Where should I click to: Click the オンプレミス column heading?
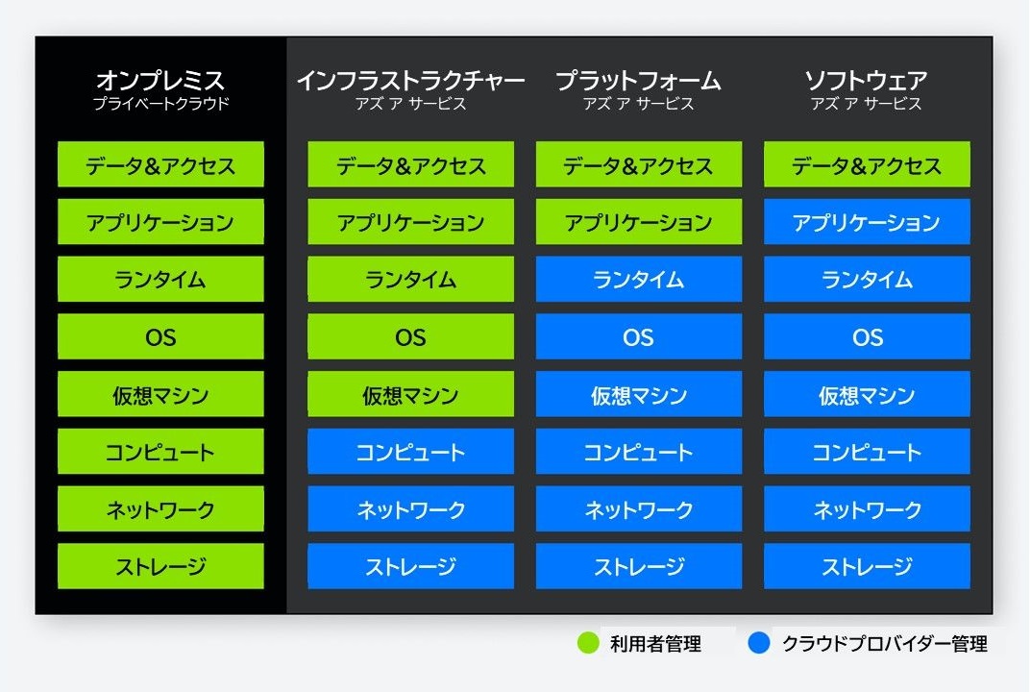click(160, 81)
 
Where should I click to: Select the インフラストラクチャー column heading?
click(411, 81)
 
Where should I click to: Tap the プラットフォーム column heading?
click(638, 81)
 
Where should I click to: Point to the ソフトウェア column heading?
click(867, 81)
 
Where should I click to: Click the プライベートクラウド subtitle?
click(161, 103)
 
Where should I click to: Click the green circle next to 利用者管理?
click(588, 643)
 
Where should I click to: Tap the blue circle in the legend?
click(759, 643)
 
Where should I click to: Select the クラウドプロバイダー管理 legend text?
click(885, 643)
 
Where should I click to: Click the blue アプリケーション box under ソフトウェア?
click(867, 222)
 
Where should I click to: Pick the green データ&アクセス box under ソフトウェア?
click(867, 164)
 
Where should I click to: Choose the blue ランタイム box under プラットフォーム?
click(638, 279)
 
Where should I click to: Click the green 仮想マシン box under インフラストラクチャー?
click(411, 394)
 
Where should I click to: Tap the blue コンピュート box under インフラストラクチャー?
click(411, 452)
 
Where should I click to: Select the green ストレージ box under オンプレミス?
click(160, 566)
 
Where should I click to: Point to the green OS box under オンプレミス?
click(160, 336)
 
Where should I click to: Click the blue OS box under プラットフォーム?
click(638, 336)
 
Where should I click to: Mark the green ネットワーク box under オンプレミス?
click(160, 508)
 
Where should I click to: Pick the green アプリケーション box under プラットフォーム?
click(638, 222)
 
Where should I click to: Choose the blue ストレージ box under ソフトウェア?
click(867, 566)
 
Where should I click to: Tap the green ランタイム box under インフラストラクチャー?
click(411, 279)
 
